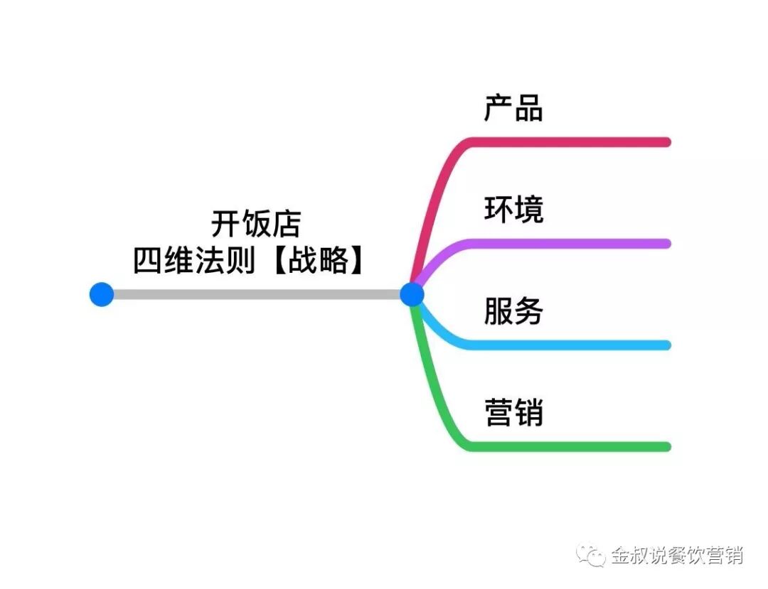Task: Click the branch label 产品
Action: point(513,108)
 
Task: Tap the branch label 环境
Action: point(513,210)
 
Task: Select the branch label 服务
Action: point(513,311)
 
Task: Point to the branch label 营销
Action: point(513,413)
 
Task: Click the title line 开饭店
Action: point(256,224)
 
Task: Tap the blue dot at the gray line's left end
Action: point(102,294)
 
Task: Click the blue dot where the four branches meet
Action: point(412,294)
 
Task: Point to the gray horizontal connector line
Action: point(256,294)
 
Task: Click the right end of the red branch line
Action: point(666,142)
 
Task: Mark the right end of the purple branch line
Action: point(666,244)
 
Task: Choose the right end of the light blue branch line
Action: point(666,345)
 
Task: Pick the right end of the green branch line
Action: point(666,447)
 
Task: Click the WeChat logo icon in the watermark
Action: point(591,555)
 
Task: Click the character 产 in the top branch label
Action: point(498,108)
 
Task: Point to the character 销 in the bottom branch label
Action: point(529,413)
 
